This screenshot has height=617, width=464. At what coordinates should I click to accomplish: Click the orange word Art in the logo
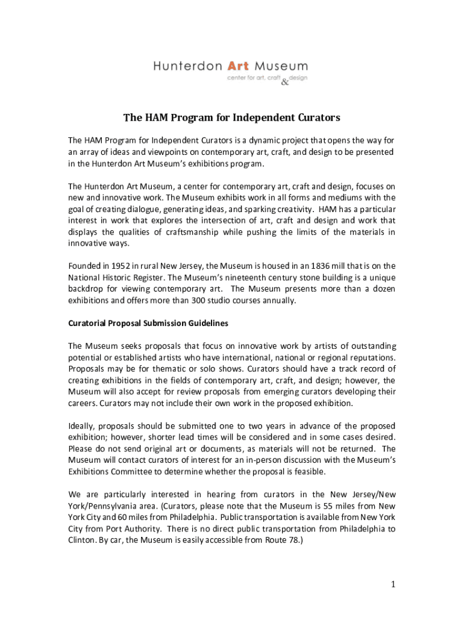pos(239,66)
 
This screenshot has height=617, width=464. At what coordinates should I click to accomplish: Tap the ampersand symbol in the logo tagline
pos(285,83)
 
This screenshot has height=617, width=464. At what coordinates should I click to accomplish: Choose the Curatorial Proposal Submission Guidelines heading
pos(148,324)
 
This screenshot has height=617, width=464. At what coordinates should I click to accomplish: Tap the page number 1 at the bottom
pos(392,584)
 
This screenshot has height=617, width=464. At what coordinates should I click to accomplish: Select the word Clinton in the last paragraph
pos(82,540)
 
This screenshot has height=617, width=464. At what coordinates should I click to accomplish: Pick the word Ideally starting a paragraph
pos(81,426)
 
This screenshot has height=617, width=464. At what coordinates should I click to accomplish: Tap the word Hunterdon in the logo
pos(187,66)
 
